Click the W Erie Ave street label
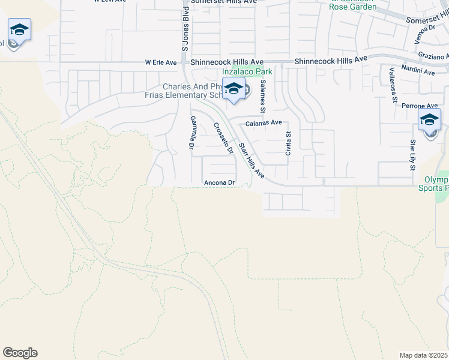[161, 62]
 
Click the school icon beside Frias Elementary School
[233, 89]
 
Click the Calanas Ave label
[264, 122]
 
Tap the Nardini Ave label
[420, 71]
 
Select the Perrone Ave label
[428, 106]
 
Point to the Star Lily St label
[413, 155]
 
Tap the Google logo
[20, 353]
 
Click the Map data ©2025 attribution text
[424, 355]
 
